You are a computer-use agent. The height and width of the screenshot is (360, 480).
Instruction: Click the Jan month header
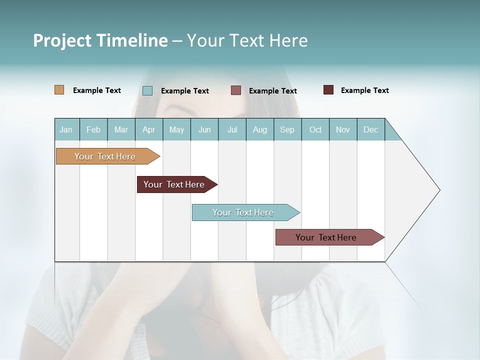pos(66,130)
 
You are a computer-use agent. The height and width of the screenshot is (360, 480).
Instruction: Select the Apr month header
pos(149,130)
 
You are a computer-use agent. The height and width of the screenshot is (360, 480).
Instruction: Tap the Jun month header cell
pos(204,130)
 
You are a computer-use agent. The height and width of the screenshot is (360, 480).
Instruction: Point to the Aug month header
pos(260,130)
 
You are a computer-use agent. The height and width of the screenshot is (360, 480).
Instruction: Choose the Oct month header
pos(315,130)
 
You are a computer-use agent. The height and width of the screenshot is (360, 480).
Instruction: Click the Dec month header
pos(371,130)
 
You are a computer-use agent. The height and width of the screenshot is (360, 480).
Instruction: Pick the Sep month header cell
pos(287,130)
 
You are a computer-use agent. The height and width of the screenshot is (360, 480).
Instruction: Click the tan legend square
pos(59,90)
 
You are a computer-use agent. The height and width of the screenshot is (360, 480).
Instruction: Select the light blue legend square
pos(147,90)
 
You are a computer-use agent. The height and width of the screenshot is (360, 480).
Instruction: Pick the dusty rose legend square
pos(236,90)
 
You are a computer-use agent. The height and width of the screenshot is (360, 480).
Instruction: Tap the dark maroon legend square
pos(328,90)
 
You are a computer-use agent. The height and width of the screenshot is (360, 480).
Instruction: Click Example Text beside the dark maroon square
pos(364,90)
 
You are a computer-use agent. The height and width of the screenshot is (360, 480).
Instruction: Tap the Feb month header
pos(93,130)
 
